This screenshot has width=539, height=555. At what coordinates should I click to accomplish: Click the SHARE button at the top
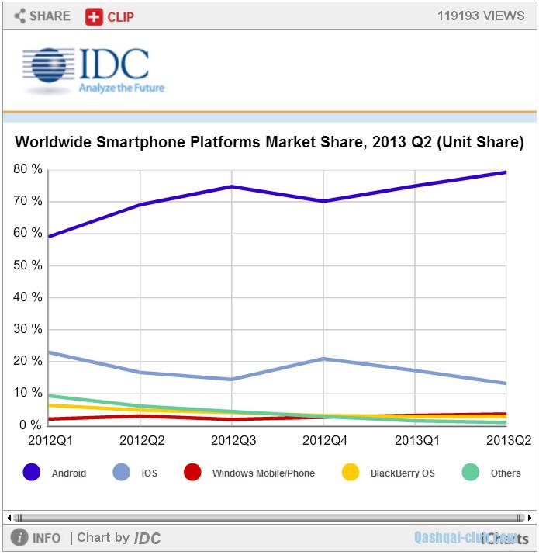pos(42,16)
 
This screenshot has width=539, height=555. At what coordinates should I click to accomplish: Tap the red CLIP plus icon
pos(94,16)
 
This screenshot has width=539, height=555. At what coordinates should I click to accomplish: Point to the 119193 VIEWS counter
pos(481,16)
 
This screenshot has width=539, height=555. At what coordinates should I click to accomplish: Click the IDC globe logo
pos(48,71)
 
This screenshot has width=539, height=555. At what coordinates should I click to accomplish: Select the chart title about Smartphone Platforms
pos(269,143)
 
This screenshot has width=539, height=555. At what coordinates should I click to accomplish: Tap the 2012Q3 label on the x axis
pos(232,441)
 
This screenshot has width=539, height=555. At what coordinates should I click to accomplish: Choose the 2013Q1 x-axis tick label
pos(415,441)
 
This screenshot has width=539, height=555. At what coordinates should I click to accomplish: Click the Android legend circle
pos(32,472)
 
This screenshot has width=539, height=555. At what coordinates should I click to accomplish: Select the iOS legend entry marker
pos(123,472)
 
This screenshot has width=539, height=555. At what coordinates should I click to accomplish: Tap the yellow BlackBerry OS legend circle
pos(351,472)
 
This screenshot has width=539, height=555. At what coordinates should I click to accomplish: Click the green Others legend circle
pos(471,472)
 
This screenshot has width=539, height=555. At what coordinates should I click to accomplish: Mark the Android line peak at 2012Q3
pos(232,186)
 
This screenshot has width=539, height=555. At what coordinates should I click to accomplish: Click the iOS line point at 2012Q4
pos(323,359)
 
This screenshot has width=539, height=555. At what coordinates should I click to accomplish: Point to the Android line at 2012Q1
pos(48,237)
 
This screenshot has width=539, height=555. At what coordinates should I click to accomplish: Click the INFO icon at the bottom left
pos(20,538)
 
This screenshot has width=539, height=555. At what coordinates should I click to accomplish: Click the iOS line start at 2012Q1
pos(48,352)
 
